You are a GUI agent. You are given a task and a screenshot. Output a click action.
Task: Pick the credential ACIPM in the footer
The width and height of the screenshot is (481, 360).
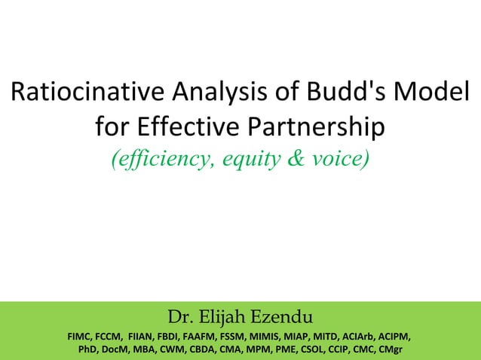404,336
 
